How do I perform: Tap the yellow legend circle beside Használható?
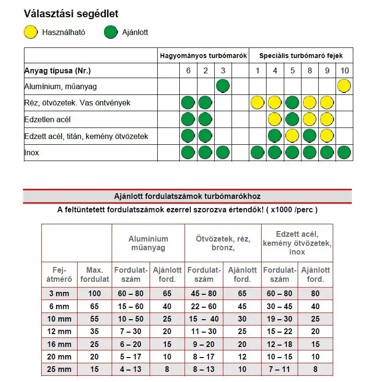pyautogui.click(x=31, y=33)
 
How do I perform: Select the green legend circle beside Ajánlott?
pyautogui.click(x=111, y=33)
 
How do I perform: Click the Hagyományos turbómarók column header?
pyautogui.click(x=203, y=56)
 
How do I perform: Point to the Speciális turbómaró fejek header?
pyautogui.click(x=301, y=56)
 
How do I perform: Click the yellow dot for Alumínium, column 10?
pyautogui.click(x=344, y=86)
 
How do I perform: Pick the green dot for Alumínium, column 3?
pyautogui.click(x=223, y=86)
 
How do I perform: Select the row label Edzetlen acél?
pyautogui.click(x=47, y=120)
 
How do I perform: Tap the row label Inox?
pyautogui.click(x=32, y=153)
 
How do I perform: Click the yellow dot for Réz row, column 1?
pyautogui.click(x=257, y=103)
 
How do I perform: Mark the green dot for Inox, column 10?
pyautogui.click(x=344, y=153)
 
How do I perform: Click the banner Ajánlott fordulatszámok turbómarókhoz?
pyautogui.click(x=187, y=197)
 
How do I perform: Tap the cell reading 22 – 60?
pyautogui.click(x=203, y=306)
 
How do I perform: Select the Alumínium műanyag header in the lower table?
pyautogui.click(x=148, y=243)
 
